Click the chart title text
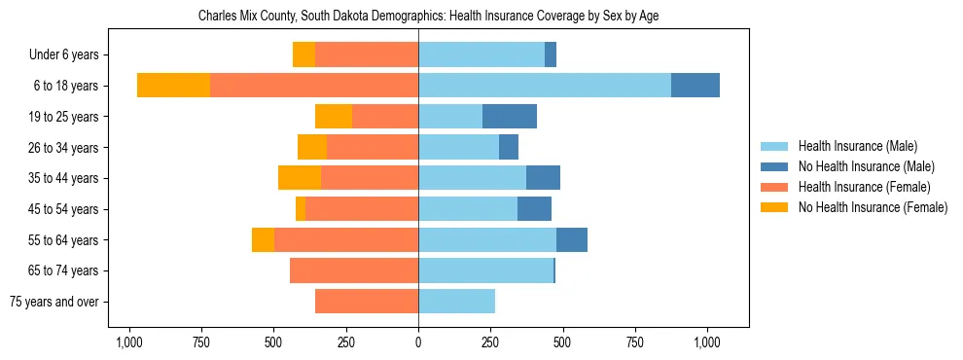click(428, 17)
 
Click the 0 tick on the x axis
click(418, 342)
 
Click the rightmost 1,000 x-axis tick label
click(707, 342)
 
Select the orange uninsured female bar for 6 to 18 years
click(173, 86)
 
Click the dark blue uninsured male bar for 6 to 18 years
click(695, 86)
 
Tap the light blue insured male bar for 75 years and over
click(456, 302)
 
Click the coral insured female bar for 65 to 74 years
click(354, 270)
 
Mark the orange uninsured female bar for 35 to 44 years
click(300, 178)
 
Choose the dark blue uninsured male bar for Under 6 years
click(551, 55)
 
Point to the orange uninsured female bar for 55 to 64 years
click(263, 239)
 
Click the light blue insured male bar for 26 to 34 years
click(458, 147)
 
